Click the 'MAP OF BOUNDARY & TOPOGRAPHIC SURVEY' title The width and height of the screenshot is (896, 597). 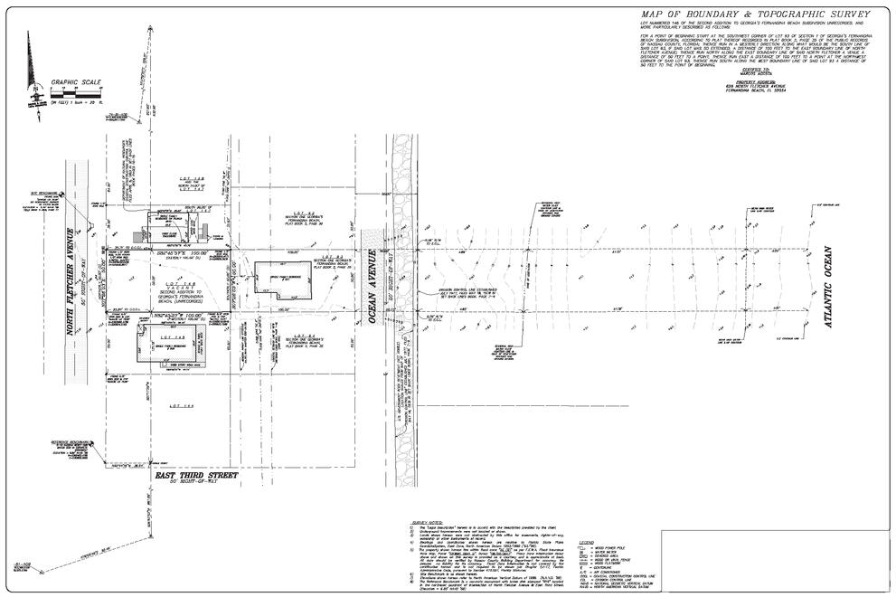(755, 14)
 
